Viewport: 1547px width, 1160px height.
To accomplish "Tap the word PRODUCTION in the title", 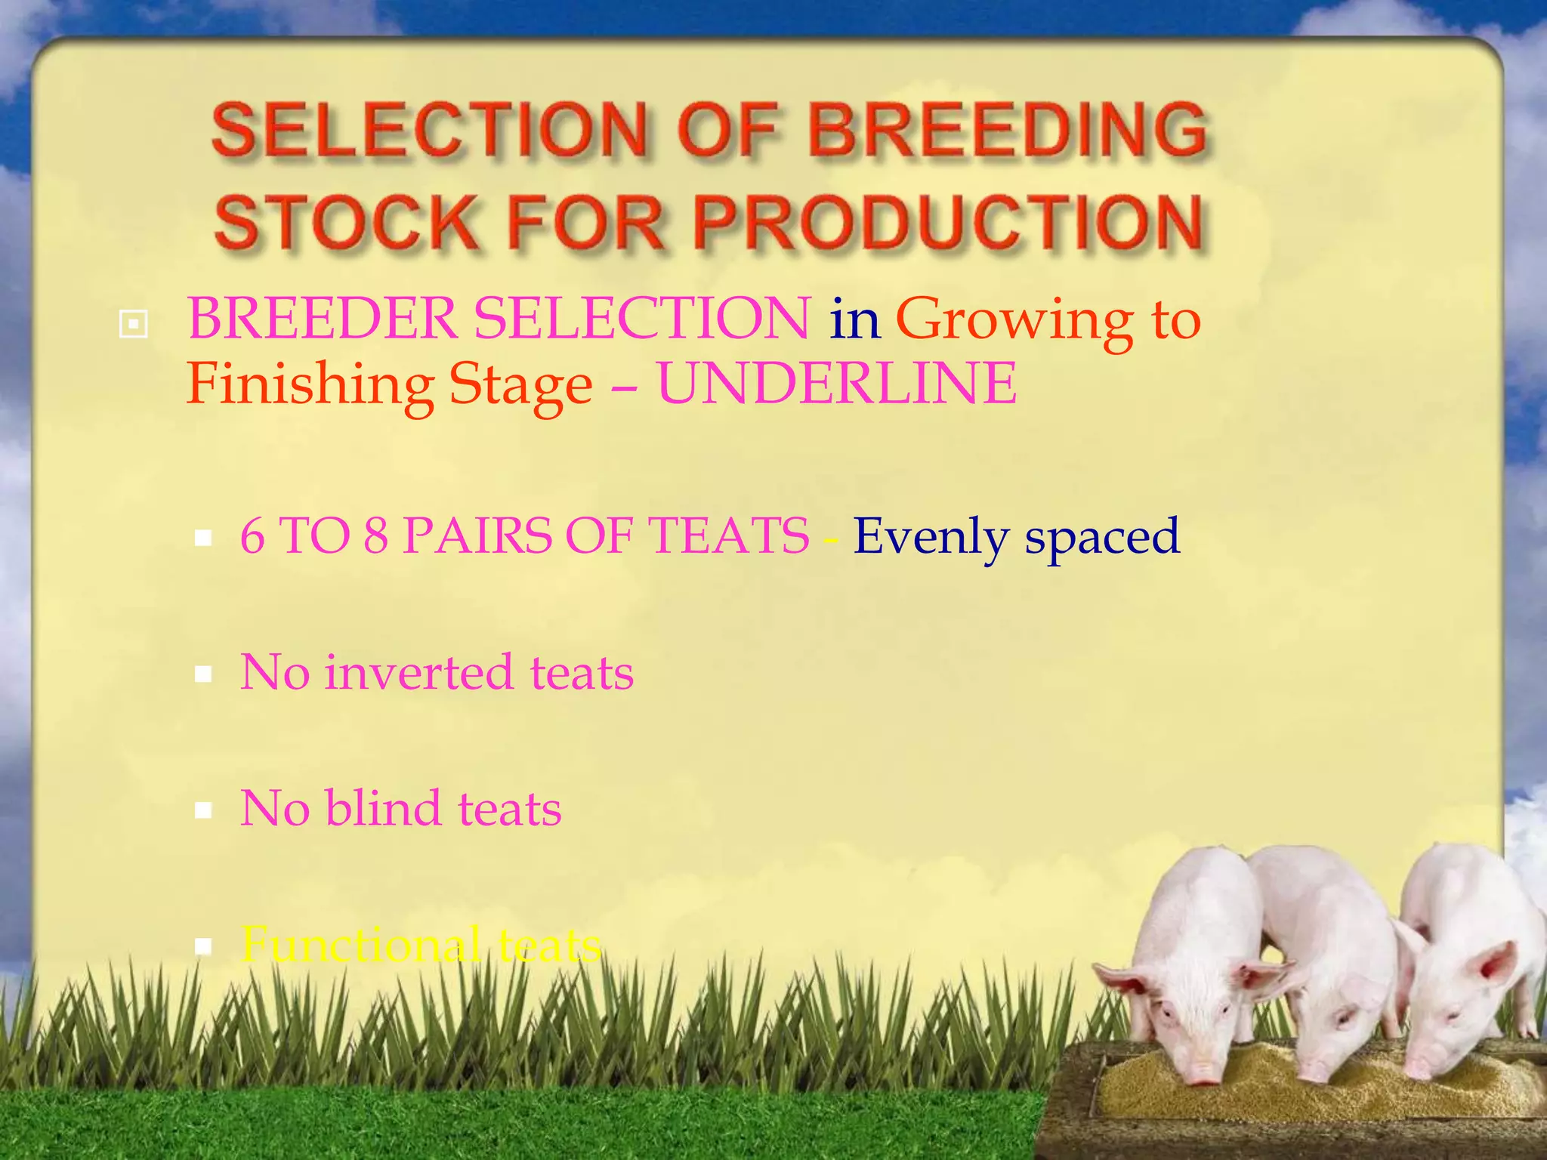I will pos(947,222).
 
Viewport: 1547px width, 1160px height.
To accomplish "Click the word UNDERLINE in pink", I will pos(836,384).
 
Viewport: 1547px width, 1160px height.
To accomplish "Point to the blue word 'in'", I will pos(854,319).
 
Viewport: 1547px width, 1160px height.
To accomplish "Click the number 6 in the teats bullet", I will pos(252,536).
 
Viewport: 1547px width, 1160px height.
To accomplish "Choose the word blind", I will pos(383,808).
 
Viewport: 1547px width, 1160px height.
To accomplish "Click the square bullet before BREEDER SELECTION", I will pos(134,325).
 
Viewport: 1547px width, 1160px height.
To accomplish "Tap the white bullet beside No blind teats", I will pos(202,810).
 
